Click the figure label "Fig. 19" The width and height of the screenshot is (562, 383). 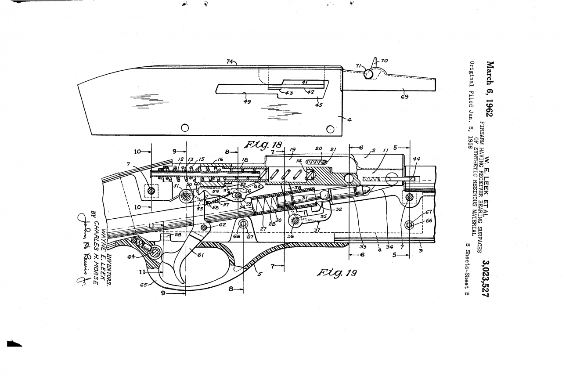click(x=336, y=273)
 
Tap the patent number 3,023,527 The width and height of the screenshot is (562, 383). click(x=486, y=279)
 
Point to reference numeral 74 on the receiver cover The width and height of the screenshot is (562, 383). click(x=230, y=61)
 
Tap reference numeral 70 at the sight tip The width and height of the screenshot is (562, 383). click(x=384, y=61)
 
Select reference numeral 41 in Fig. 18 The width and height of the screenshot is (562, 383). click(x=304, y=82)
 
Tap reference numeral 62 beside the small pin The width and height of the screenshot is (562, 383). click(x=222, y=224)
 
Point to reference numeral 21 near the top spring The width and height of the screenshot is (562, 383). click(x=333, y=149)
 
